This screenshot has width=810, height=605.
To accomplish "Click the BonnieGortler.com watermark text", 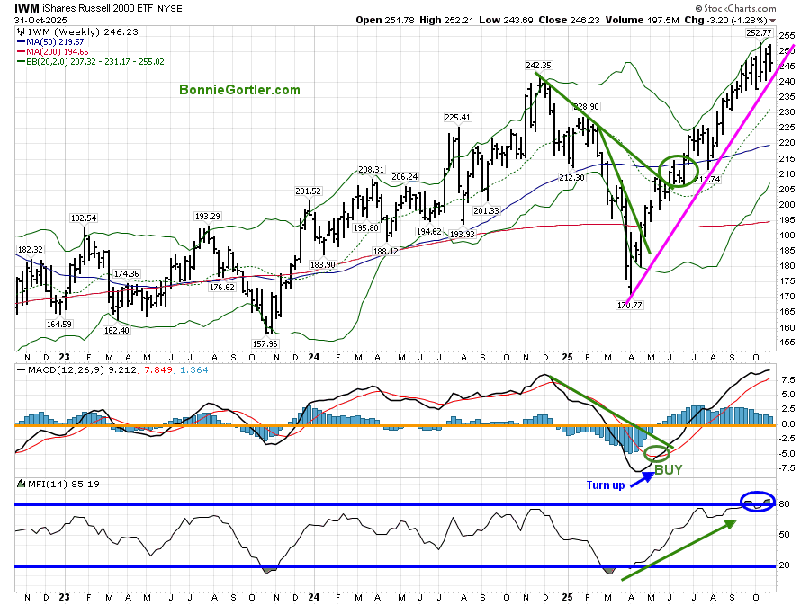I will coord(238,90).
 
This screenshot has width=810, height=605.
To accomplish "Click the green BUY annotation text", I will coord(667,469).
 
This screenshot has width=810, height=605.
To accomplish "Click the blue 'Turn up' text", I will coord(606,485).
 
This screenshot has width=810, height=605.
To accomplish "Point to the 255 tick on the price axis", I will coord(787,36).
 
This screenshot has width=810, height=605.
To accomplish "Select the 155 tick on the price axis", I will coord(787,343).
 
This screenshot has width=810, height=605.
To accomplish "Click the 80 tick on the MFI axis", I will coord(784,504).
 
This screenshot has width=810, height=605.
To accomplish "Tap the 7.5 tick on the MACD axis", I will coord(787,379).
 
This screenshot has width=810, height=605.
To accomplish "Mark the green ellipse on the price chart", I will coord(678,170).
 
